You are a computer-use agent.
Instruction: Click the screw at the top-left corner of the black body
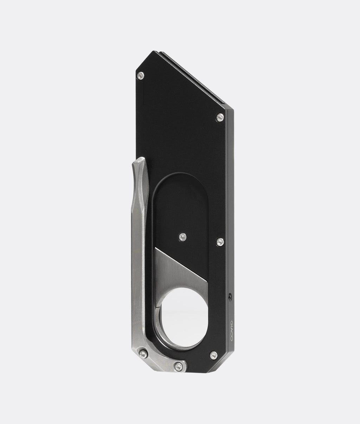140,75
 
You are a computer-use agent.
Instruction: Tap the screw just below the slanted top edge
220,118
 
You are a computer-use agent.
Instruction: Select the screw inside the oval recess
182,237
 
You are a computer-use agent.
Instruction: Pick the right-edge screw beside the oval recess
220,242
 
